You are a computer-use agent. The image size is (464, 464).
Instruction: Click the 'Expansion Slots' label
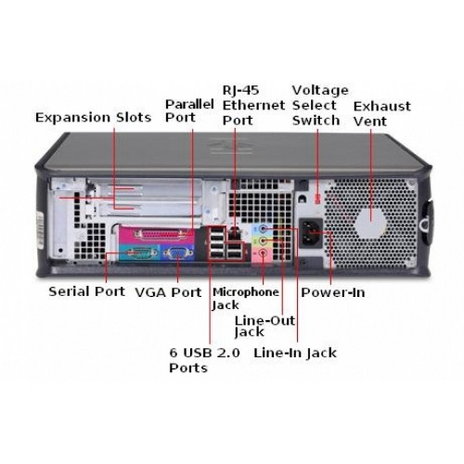point(93,118)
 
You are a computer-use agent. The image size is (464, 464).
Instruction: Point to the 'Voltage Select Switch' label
point(319,105)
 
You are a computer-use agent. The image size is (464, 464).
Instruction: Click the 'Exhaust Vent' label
point(381,113)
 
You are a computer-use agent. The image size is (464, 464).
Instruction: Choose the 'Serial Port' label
point(87,292)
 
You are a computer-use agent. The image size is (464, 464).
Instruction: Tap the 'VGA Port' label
point(168,292)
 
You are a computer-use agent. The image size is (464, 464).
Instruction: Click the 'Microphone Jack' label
point(245,299)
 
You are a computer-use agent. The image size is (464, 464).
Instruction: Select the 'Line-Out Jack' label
point(258,326)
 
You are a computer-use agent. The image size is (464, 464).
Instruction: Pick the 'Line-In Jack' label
point(295,353)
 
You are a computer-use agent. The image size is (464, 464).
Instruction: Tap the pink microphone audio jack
point(265,253)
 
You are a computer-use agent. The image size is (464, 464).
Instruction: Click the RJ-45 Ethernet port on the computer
point(235,226)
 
